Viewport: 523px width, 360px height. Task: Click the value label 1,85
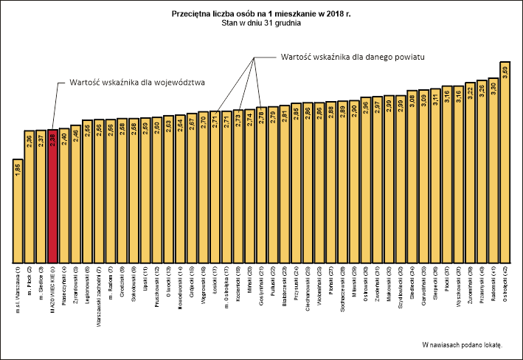17,168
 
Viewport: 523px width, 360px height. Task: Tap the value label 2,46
75,135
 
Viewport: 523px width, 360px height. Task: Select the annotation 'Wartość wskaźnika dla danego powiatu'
355,57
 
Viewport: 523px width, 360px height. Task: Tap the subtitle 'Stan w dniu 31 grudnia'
261,23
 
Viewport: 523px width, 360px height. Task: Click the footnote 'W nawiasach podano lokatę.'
461,345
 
